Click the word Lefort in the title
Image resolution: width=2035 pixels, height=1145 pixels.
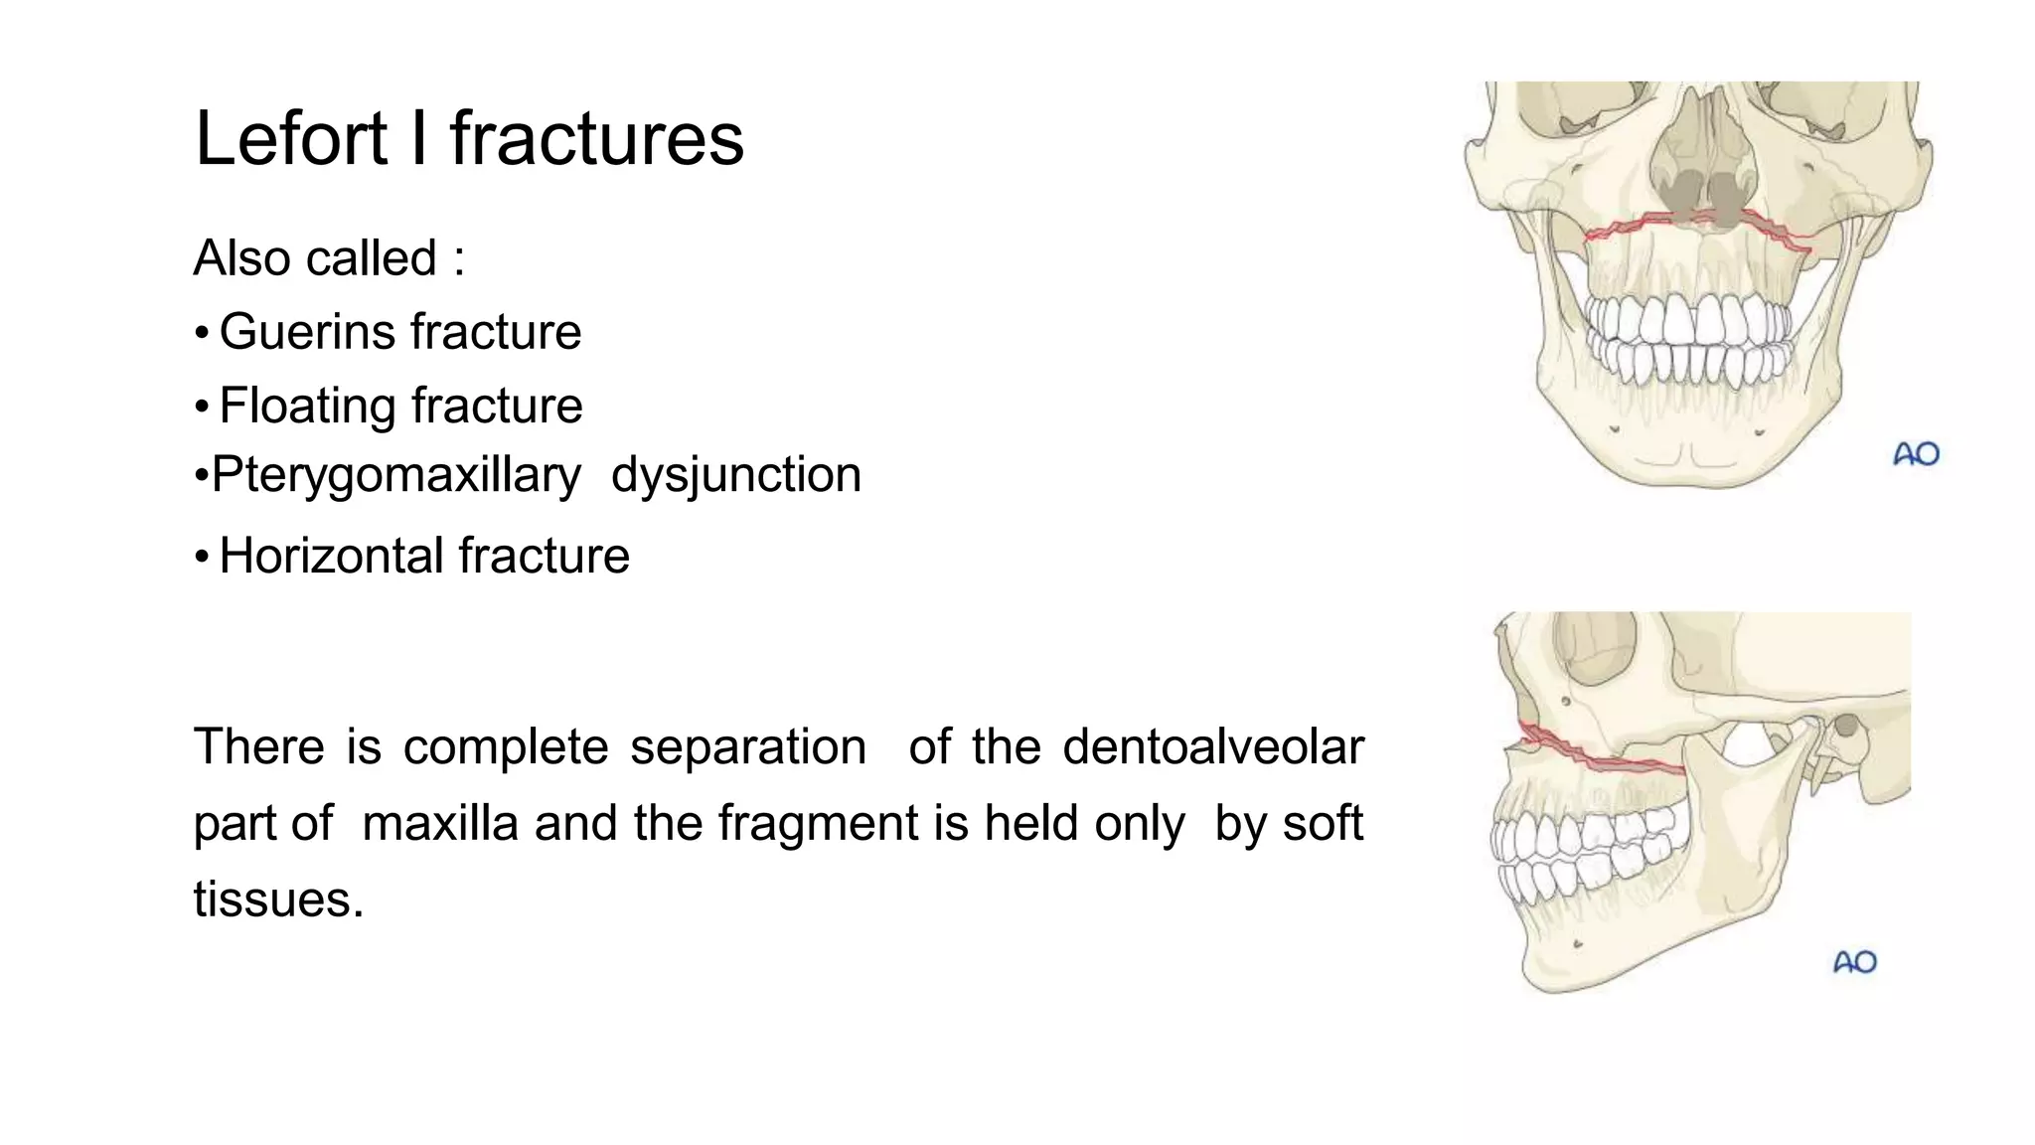click(x=290, y=138)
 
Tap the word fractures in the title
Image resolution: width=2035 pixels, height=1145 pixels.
click(x=596, y=138)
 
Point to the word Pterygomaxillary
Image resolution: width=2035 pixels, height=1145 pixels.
click(x=396, y=475)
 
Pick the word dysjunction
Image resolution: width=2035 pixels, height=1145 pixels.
click(x=736, y=475)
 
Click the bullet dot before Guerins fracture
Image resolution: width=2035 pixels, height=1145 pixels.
click(x=202, y=333)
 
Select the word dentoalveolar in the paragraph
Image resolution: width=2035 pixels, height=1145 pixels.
click(x=1212, y=746)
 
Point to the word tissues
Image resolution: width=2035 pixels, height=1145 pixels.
click(x=278, y=900)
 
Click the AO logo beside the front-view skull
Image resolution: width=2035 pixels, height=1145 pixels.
click(x=1916, y=455)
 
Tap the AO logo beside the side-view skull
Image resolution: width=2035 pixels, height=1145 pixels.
click(x=1854, y=962)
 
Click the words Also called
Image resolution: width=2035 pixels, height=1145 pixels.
click(x=316, y=258)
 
